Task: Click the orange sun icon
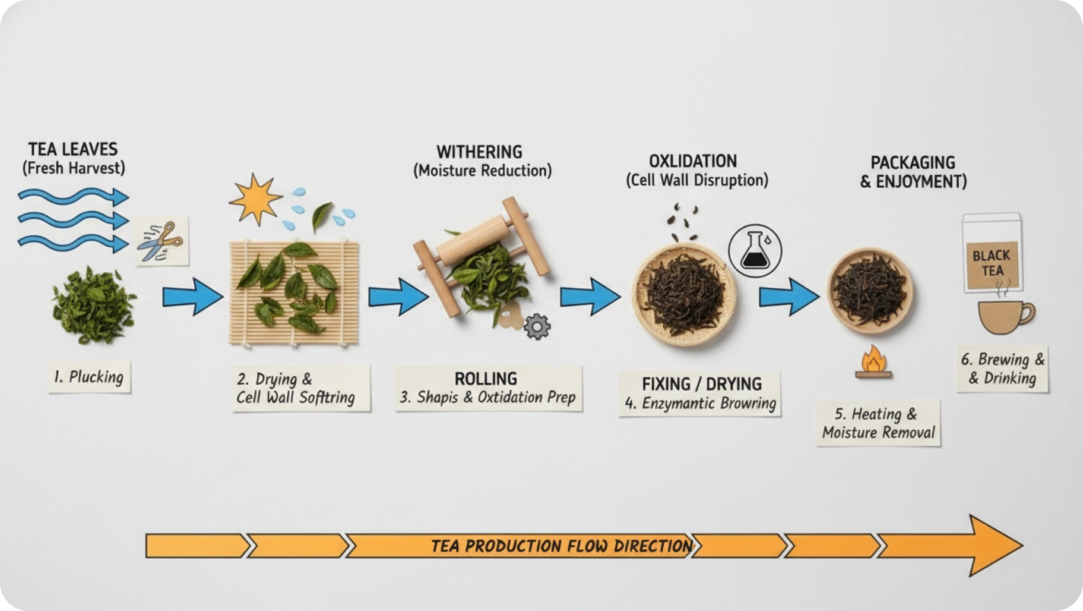[255, 199]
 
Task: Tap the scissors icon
[161, 241]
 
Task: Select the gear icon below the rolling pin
[537, 326]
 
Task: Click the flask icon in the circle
[755, 251]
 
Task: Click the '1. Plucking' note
[89, 377]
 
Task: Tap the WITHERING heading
[479, 152]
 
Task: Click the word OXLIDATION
[692, 162]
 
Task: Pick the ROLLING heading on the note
[486, 379]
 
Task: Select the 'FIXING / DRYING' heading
[701, 384]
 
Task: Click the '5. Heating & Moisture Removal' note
[878, 423]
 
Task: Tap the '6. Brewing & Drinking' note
[1002, 369]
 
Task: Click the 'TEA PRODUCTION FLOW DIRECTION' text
[561, 546]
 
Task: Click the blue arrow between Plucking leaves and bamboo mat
[192, 296]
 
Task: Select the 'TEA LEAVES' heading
[73, 149]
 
